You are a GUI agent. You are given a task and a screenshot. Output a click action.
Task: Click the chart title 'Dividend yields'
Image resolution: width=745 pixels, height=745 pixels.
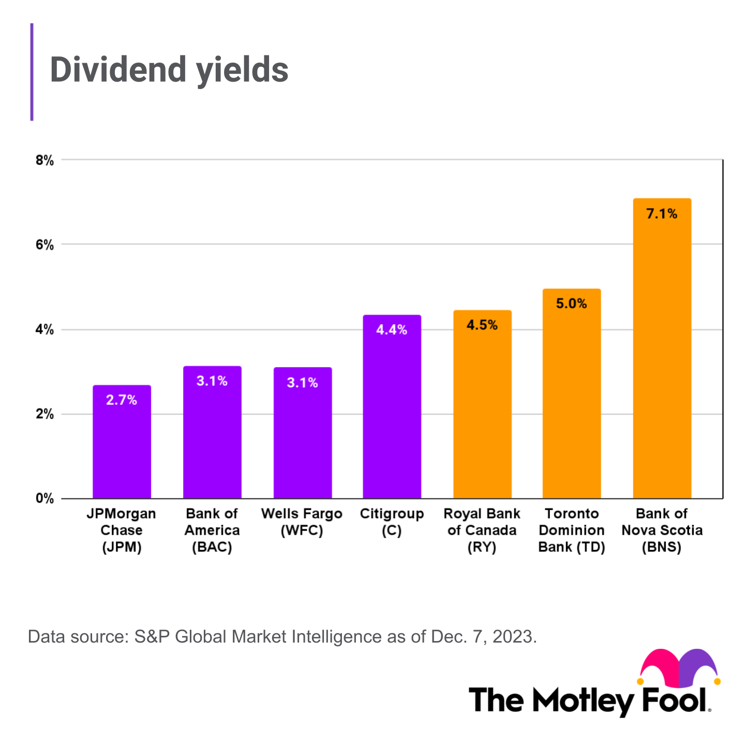pos(169,70)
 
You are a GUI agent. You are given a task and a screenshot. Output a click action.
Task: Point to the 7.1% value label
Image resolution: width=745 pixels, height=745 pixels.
pos(662,214)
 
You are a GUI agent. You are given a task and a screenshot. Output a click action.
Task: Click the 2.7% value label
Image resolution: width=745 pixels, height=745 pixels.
pos(122,400)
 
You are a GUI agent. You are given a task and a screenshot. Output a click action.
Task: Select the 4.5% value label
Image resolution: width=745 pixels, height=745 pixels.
pos(482,325)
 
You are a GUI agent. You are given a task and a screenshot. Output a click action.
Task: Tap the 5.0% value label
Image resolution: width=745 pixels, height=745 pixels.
pos(571,304)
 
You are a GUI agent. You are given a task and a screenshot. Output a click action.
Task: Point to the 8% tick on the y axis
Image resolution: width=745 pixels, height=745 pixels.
pos(44,160)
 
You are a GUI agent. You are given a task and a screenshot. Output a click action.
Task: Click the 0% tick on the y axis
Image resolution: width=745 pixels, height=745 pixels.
pos(44,499)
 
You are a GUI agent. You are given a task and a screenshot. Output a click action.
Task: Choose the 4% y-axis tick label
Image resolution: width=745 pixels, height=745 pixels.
pos(44,330)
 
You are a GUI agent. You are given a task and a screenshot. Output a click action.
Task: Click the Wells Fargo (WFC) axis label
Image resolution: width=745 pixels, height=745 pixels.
pos(302,522)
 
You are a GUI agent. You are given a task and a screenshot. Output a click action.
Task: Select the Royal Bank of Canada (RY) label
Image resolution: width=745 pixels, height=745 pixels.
pos(482,530)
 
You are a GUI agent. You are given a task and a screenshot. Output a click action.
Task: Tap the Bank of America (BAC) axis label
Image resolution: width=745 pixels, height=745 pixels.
pos(212,530)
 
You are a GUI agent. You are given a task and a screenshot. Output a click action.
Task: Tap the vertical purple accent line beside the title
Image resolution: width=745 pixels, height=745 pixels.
pos(32,72)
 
